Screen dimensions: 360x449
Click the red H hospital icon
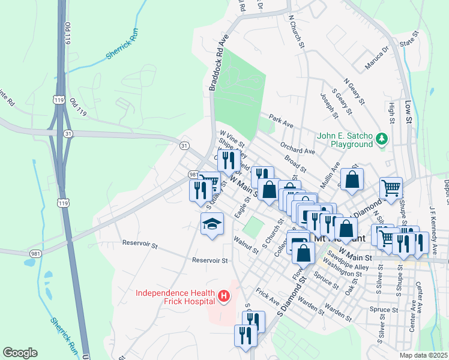click(x=224, y=296)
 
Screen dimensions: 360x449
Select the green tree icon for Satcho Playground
click(x=381, y=140)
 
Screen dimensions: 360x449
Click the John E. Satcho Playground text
click(x=345, y=140)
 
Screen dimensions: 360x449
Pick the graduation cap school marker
click(x=212, y=224)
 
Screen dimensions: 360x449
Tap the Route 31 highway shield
click(x=185, y=145)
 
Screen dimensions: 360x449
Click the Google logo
click(x=20, y=353)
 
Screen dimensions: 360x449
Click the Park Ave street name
click(x=280, y=121)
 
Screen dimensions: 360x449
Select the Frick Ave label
click(x=267, y=295)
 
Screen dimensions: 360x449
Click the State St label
click(x=408, y=42)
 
